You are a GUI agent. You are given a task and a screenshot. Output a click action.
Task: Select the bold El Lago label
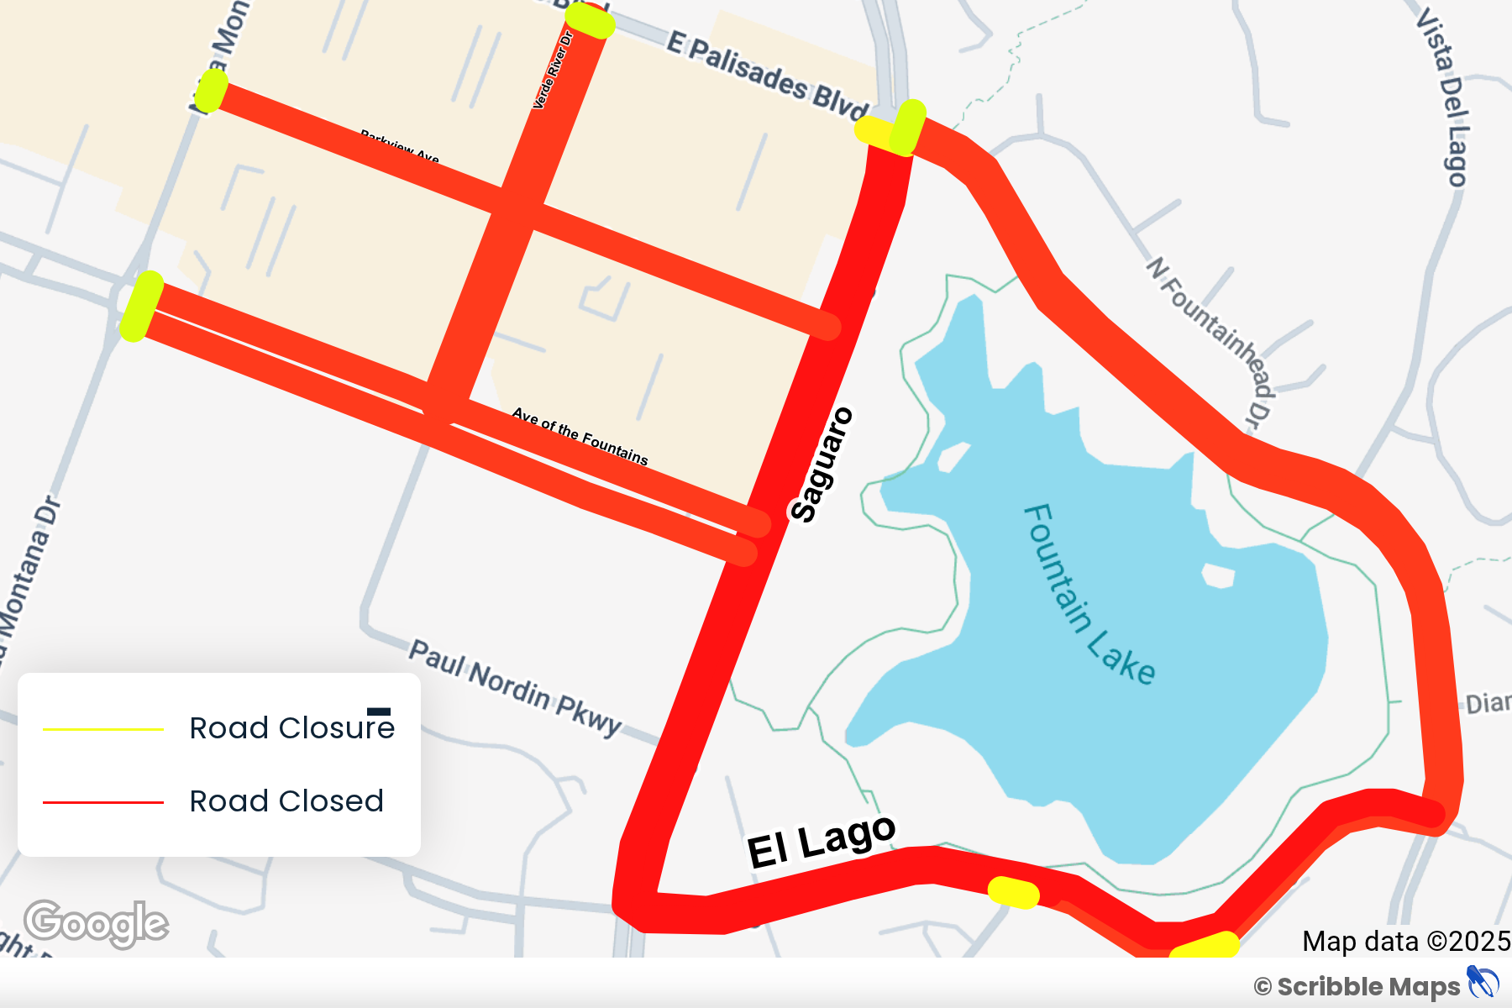pyautogui.click(x=822, y=842)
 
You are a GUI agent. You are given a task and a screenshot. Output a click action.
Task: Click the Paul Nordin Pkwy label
pyautogui.click(x=515, y=688)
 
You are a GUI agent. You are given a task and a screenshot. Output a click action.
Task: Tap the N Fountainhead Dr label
pyautogui.click(x=1210, y=341)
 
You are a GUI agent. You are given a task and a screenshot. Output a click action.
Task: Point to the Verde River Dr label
pyautogui.click(x=553, y=71)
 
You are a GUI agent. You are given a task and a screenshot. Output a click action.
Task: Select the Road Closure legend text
pyautogui.click(x=291, y=728)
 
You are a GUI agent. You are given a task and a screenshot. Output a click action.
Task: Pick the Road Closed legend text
pyautogui.click(x=286, y=801)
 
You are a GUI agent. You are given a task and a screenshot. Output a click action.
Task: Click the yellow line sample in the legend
pyautogui.click(x=103, y=729)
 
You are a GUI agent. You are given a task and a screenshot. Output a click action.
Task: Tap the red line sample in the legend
pyautogui.click(x=103, y=802)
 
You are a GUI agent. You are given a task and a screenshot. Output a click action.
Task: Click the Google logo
pyautogui.click(x=96, y=923)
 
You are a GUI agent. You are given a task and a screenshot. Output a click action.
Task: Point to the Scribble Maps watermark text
pyautogui.click(x=1368, y=987)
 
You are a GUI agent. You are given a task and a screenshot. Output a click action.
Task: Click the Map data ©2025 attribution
pyautogui.click(x=1405, y=942)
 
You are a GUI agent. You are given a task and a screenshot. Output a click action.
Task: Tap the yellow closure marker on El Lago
pyautogui.click(x=1013, y=892)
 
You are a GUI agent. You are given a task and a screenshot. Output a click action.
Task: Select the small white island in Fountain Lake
pyautogui.click(x=1218, y=575)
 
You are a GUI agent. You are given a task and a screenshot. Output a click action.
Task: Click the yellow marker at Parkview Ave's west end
pyautogui.click(x=211, y=91)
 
